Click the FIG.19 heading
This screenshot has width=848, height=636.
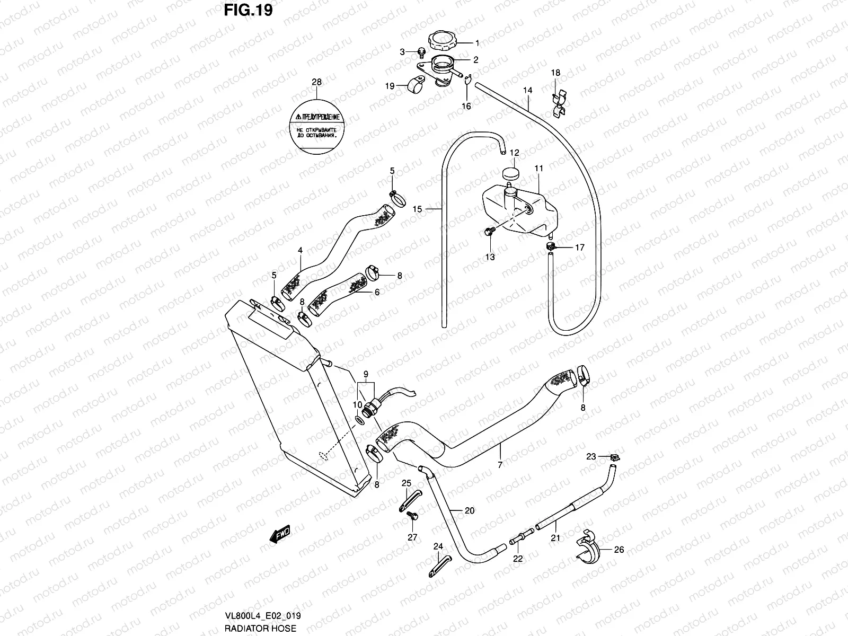click(x=248, y=10)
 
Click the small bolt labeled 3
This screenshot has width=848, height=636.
click(x=421, y=52)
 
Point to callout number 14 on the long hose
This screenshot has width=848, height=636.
click(x=527, y=91)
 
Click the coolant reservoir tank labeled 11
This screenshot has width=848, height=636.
click(x=522, y=212)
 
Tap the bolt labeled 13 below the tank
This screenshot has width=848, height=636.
click(x=489, y=232)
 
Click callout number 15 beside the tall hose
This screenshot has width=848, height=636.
click(x=417, y=209)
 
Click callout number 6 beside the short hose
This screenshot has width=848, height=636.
click(x=377, y=292)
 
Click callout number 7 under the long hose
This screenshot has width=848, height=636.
click(x=500, y=464)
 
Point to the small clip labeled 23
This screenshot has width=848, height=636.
click(x=615, y=457)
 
